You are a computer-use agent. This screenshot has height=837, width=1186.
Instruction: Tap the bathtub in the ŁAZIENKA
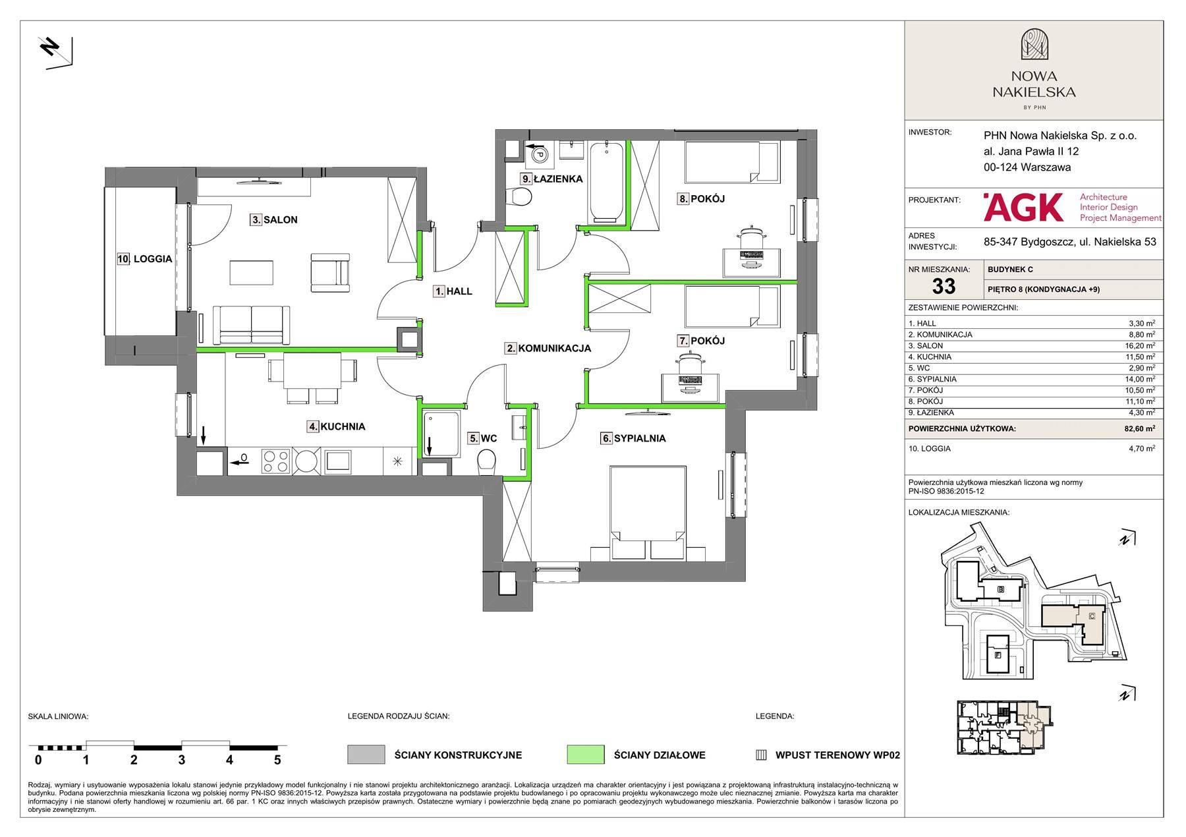pyautogui.click(x=606, y=181)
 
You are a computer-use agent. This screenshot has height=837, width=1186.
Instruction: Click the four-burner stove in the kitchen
pyautogui.click(x=276, y=460)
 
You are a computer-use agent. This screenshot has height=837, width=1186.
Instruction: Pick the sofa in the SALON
pyautogui.click(x=252, y=325)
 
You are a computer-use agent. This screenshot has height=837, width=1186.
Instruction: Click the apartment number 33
pyautogui.click(x=944, y=286)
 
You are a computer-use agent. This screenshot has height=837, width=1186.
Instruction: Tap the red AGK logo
pyautogui.click(x=1024, y=207)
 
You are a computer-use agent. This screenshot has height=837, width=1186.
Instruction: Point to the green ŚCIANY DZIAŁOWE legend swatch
pyautogui.click(x=585, y=755)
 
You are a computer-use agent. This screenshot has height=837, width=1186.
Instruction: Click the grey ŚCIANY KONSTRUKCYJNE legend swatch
pyautogui.click(x=366, y=755)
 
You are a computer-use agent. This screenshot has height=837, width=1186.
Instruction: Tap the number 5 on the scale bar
pyautogui.click(x=277, y=760)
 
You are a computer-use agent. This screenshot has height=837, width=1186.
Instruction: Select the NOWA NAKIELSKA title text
pyautogui.click(x=1034, y=84)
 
